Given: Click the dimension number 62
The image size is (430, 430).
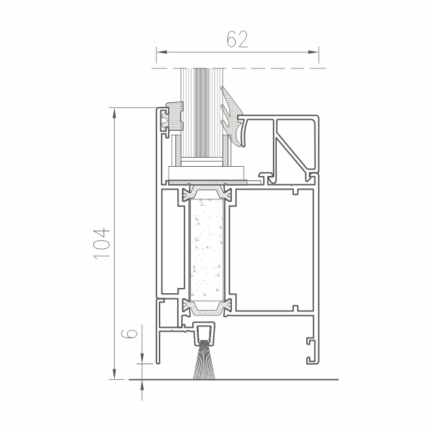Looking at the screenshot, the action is tap(237, 39).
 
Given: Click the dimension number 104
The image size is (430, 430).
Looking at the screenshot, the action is tap(102, 243).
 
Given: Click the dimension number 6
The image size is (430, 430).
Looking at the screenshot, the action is tap(129, 334).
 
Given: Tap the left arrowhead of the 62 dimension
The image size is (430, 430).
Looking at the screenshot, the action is tap(162, 52).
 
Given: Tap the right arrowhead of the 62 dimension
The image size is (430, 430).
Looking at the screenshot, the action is tap(313, 52).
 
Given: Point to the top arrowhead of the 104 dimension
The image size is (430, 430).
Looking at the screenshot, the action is tap(115, 113).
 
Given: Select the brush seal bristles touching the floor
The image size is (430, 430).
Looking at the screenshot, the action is tap(205, 361).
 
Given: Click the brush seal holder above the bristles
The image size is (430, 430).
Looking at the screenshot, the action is tap(204, 333).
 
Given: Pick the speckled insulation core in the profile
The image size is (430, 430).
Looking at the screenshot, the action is tap(207, 249).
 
